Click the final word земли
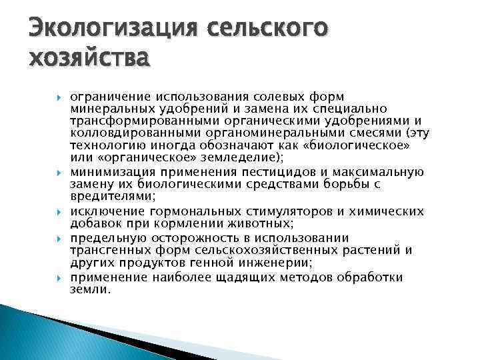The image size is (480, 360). [89, 289]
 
